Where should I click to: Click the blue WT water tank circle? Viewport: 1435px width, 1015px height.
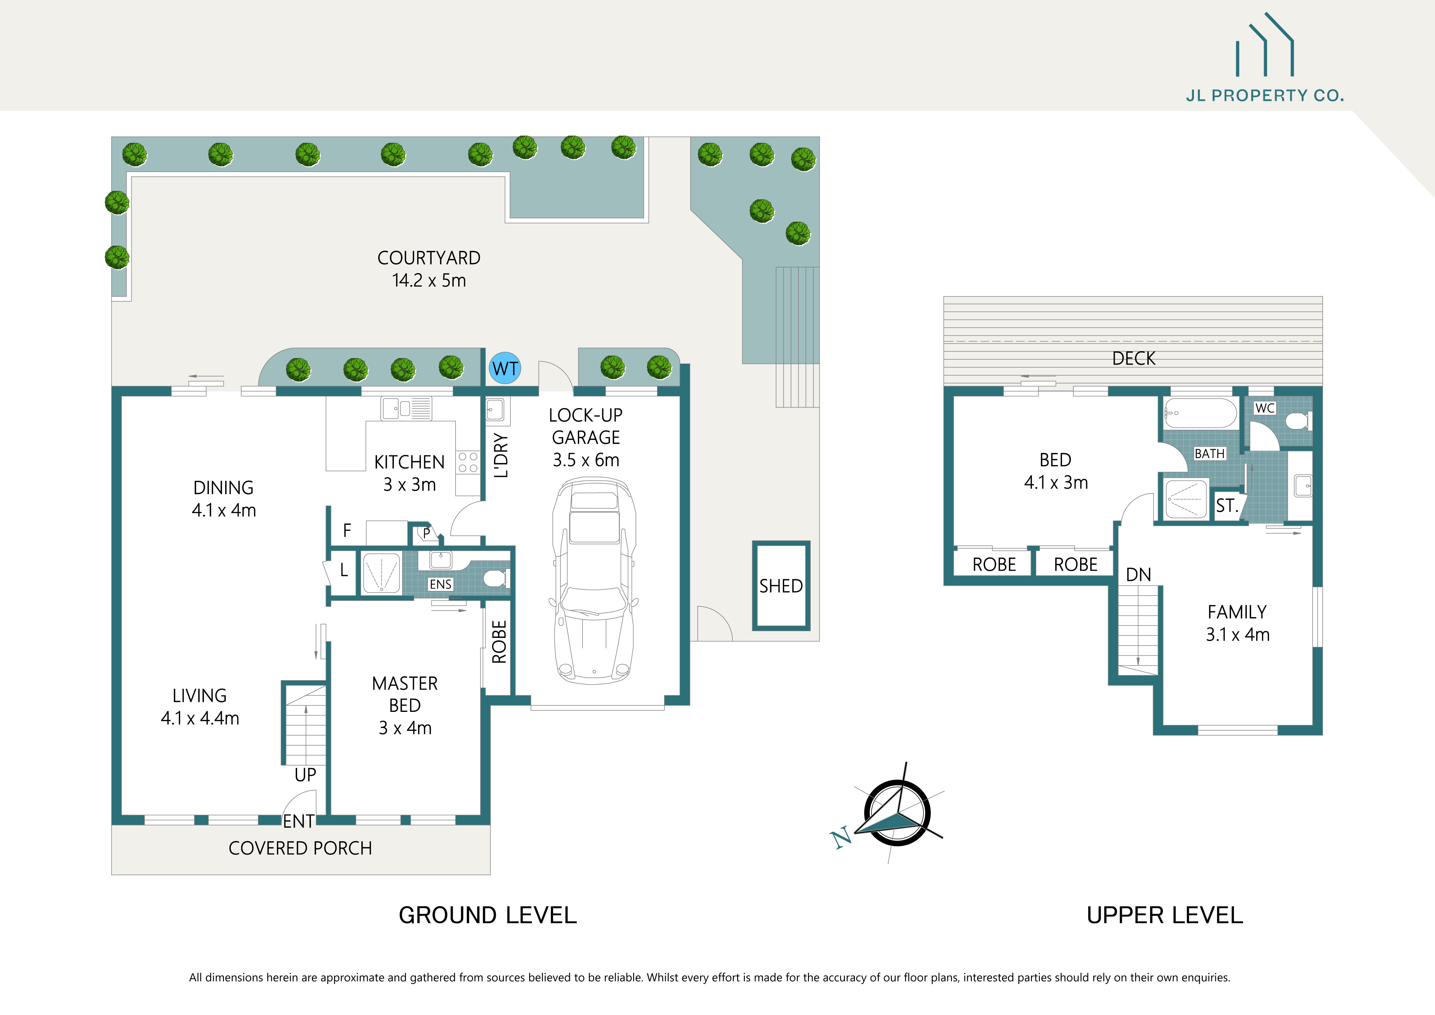pos(505,369)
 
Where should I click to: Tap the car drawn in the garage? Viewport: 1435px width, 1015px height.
pos(594,581)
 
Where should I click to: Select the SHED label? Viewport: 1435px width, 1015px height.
pos(781,586)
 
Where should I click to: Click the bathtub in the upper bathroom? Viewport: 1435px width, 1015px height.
pos(1200,413)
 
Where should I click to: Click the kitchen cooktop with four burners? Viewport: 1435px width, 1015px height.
pos(467,462)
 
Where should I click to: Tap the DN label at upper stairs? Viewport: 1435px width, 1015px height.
pos(1138,575)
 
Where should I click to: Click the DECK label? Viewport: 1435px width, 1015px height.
pos(1134,359)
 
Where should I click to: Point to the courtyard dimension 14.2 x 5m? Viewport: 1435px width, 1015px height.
pos(429,281)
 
